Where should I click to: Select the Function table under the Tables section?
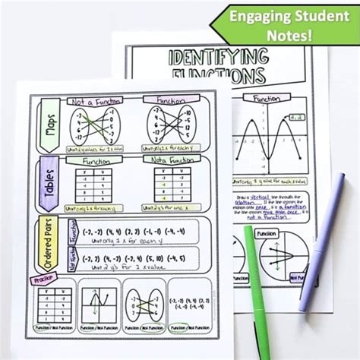(97, 187)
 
